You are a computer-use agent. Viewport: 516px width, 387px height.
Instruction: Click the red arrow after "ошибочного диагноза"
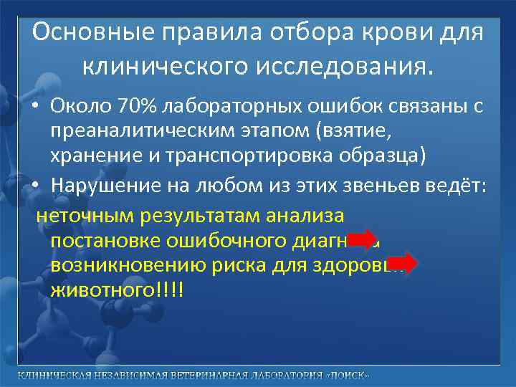click(365, 240)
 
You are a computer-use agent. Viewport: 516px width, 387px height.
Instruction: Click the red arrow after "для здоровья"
click(406, 264)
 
